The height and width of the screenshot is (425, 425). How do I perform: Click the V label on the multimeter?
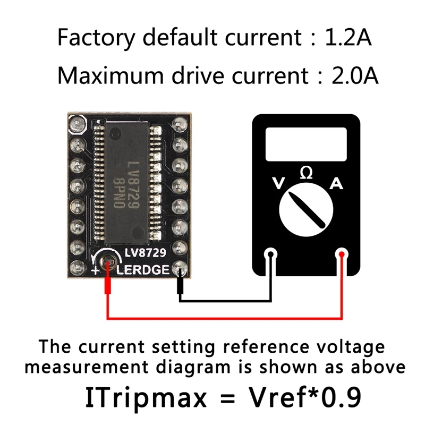pyautogui.click(x=277, y=184)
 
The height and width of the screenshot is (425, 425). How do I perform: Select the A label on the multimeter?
pyautogui.click(x=336, y=184)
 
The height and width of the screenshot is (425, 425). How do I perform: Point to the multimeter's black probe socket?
pyautogui.click(x=272, y=255)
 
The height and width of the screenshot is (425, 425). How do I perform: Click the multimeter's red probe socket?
pyautogui.click(x=342, y=255)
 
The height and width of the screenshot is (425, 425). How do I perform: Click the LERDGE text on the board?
pyautogui.click(x=142, y=270)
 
